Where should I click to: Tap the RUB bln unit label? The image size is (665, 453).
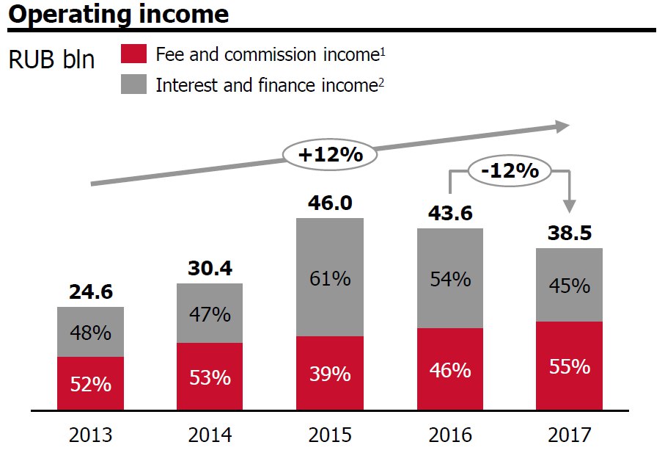tap(51, 59)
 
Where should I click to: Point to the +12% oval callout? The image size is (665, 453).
tap(330, 154)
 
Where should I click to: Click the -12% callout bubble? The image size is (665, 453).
tap(510, 170)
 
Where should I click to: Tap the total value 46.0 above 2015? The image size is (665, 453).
tap(330, 203)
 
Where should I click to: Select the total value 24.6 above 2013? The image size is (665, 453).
tap(90, 292)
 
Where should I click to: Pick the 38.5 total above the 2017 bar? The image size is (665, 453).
tap(569, 233)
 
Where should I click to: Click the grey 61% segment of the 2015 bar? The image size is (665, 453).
tap(330, 278)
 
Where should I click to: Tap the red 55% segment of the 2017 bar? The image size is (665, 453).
tap(569, 366)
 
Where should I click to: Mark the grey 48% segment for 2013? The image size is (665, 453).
tap(90, 332)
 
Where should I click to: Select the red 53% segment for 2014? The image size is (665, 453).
tap(210, 377)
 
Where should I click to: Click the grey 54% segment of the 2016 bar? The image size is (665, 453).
tap(450, 279)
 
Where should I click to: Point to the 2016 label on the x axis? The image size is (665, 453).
tap(450, 435)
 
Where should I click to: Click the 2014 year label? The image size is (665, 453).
tap(210, 435)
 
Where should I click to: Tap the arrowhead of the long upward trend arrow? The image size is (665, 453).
tap(562, 126)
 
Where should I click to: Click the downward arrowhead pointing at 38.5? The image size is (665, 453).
tap(569, 208)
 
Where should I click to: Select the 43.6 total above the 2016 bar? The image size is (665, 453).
tap(450, 213)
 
